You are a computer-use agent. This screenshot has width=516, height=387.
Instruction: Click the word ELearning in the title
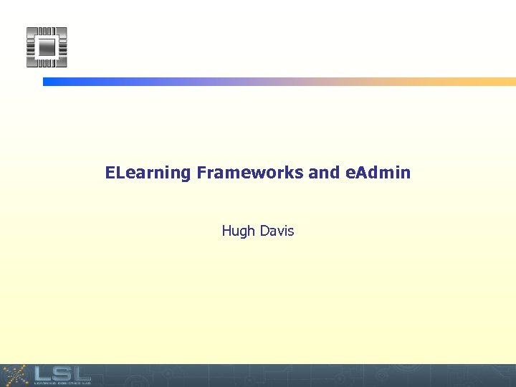click(148, 173)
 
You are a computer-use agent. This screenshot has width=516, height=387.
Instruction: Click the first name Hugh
click(237, 231)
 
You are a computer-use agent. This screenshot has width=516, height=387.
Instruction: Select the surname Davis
click(276, 231)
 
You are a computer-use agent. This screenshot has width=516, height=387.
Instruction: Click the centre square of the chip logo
click(47, 47)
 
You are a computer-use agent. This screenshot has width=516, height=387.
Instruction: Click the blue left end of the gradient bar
click(50, 82)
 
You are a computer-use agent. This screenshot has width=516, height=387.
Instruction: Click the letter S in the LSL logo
click(59, 373)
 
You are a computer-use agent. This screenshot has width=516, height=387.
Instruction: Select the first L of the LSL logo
click(39, 373)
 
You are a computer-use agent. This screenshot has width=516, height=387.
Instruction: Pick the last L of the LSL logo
click(80, 373)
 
